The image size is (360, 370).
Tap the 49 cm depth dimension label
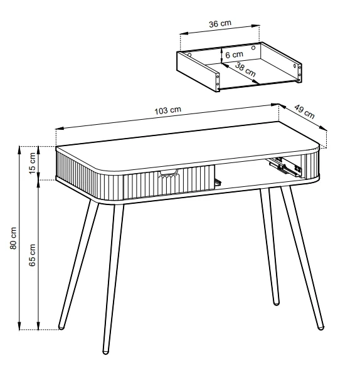coord(304,114)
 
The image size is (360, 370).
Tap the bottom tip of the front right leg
coord(321,327)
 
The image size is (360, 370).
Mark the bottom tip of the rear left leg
coord(61,326)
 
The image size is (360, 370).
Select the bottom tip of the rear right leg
coord(277,304)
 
